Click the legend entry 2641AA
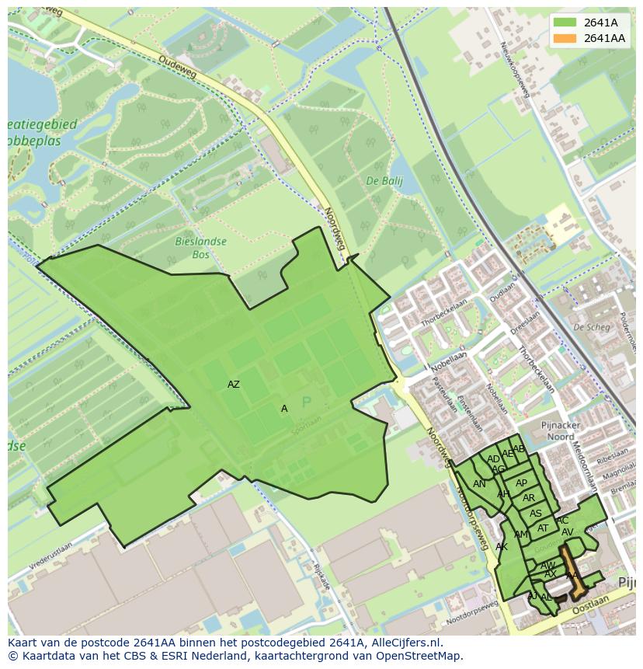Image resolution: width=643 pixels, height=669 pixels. click(x=604, y=38)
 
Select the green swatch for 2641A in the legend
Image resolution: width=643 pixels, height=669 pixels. click(x=565, y=23)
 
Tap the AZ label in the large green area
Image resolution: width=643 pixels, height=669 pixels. click(x=234, y=385)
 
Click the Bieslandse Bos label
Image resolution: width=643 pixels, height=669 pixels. click(x=200, y=248)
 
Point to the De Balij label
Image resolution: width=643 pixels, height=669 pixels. click(x=381, y=181)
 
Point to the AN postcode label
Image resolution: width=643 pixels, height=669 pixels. click(x=479, y=484)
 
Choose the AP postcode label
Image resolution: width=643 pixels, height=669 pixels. click(x=521, y=483)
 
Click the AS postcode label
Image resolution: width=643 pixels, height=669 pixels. click(x=536, y=514)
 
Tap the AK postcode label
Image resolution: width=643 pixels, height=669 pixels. click(x=502, y=547)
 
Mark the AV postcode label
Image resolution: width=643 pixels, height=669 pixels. click(x=567, y=532)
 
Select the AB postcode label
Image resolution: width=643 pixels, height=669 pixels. click(x=519, y=449)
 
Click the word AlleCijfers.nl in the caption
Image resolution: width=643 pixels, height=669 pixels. click(x=405, y=643)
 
